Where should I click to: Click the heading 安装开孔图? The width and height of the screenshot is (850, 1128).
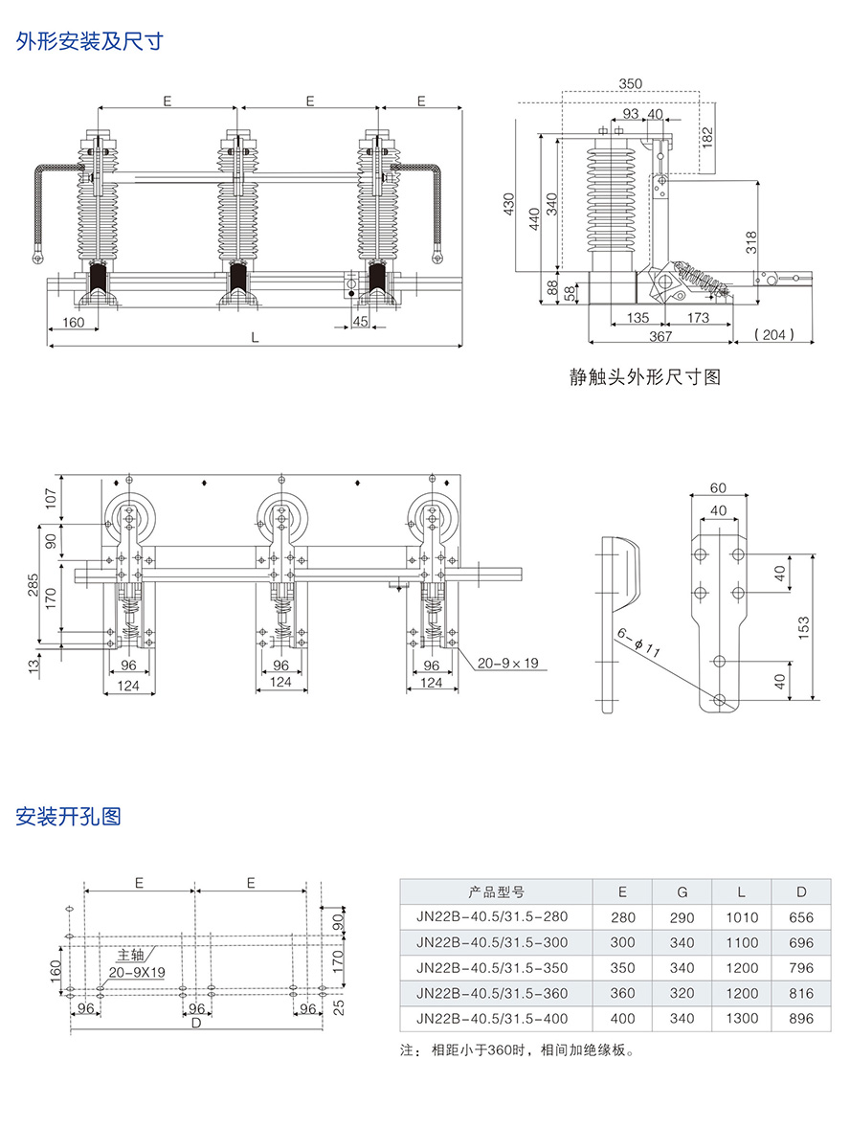tap(69, 817)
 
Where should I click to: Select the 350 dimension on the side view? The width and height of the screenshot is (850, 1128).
tap(630, 84)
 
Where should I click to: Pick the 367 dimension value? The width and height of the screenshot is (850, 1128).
tap(660, 336)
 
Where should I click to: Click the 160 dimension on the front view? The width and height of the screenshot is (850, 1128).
tap(73, 322)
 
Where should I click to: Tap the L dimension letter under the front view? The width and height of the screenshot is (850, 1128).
tap(254, 337)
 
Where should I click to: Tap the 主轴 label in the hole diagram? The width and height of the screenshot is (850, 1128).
tap(131, 955)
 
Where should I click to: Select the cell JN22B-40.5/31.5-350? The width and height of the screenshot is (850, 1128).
tap(492, 968)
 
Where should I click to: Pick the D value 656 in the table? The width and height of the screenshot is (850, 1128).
tap(801, 916)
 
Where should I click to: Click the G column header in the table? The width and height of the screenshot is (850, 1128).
tap(682, 891)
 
